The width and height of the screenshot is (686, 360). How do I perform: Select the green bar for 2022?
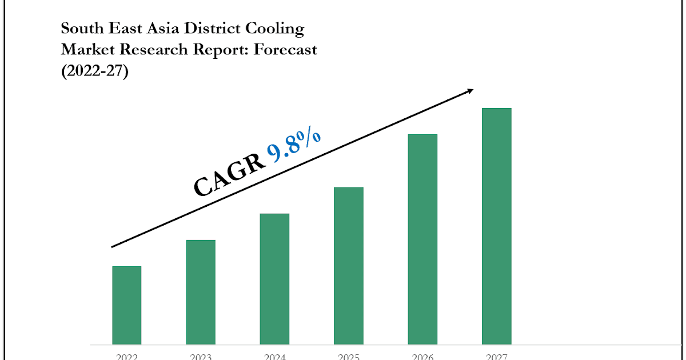[126, 305]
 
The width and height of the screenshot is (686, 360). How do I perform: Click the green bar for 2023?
[201, 292]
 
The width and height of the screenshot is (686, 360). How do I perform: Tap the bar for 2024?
[274, 279]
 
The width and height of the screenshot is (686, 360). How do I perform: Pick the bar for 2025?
[349, 266]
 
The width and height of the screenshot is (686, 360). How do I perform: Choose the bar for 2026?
[422, 239]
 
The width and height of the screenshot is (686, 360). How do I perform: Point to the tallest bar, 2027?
[496, 226]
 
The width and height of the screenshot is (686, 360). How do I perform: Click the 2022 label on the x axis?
[126, 357]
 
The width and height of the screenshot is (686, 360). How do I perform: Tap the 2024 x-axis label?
[274, 357]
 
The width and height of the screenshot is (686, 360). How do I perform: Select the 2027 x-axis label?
[496, 357]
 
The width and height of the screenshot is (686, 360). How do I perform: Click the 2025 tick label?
[349, 357]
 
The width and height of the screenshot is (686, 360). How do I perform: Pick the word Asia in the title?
[161, 28]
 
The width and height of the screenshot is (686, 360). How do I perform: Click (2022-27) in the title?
[95, 71]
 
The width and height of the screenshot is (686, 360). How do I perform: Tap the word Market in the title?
[86, 50]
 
